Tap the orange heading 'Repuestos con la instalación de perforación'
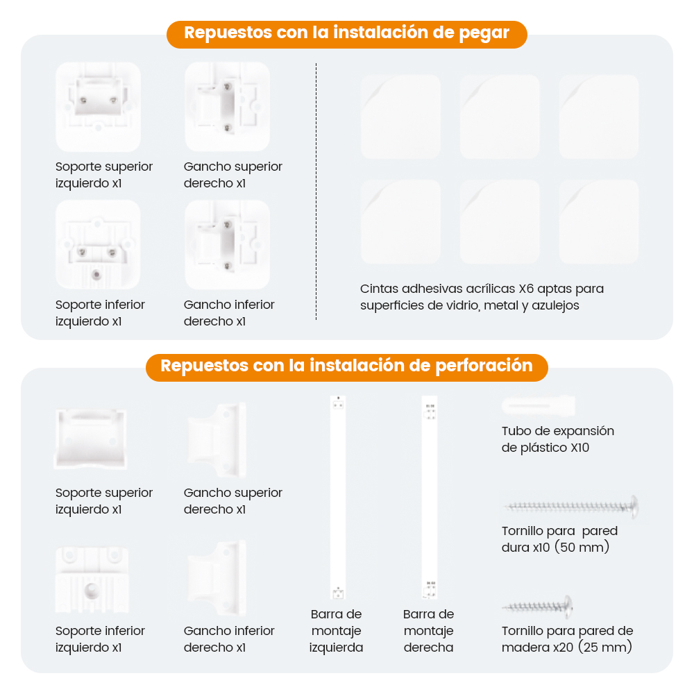point(346,366)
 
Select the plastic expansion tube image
point(539,406)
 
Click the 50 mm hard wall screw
point(571,507)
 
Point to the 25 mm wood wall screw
point(538,607)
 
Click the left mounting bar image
point(338,497)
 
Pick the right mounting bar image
point(430,497)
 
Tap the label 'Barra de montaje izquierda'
point(337,631)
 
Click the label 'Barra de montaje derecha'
point(428,631)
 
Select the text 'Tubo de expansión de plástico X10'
point(558,439)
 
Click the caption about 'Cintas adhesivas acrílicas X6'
point(482,297)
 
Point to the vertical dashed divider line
point(316,192)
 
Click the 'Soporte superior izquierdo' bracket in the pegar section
point(99,107)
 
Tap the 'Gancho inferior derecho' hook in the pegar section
point(227,244)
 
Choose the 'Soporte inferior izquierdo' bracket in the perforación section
point(92,580)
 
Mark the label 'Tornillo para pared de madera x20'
point(567,639)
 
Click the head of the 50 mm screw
point(634,507)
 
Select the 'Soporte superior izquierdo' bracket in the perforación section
point(91,439)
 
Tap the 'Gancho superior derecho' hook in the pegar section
point(227,107)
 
